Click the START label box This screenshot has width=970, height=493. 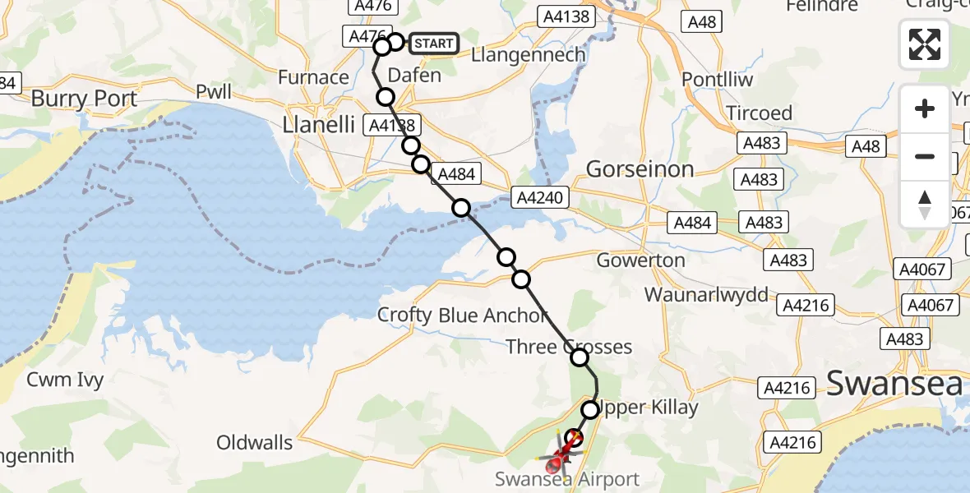pyautogui.click(x=432, y=44)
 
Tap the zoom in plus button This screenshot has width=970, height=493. pyautogui.click(x=925, y=108)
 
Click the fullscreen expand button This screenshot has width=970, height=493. pyautogui.click(x=925, y=44)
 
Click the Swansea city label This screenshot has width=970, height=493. pyautogui.click(x=894, y=383)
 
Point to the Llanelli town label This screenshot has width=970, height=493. pyautogui.click(x=318, y=125)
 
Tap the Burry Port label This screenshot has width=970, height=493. pyautogui.click(x=84, y=99)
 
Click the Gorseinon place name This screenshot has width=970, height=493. pyautogui.click(x=640, y=169)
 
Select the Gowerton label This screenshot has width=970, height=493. pyautogui.click(x=640, y=260)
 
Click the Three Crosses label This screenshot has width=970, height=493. pyautogui.click(x=569, y=347)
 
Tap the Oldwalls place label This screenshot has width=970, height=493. pyautogui.click(x=254, y=443)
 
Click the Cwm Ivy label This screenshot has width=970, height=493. pyautogui.click(x=64, y=380)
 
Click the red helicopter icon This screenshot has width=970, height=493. pyautogui.click(x=561, y=454)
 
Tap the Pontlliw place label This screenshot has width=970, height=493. pyautogui.click(x=718, y=80)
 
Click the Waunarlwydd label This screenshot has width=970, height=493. pyautogui.click(x=707, y=294)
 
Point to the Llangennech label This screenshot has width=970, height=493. pyautogui.click(x=529, y=55)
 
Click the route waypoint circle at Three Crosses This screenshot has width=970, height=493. pyautogui.click(x=580, y=357)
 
